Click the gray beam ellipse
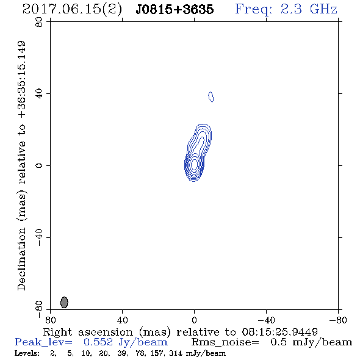(x=64, y=302)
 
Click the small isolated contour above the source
(x=211, y=96)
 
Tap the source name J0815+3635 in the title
(x=175, y=9)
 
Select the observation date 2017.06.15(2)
(x=72, y=9)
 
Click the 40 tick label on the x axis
(x=123, y=320)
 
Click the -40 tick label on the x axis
(x=266, y=320)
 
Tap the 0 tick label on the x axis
(x=194, y=320)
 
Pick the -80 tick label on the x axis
(x=338, y=320)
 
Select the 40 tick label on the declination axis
(x=39, y=94)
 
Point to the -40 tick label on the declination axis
(x=39, y=237)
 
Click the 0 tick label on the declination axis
(x=39, y=165)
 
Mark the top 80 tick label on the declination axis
(x=39, y=22)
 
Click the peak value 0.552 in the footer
(x=98, y=342)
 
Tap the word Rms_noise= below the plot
(x=225, y=342)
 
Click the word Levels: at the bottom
(x=27, y=353)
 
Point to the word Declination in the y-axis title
(x=21, y=259)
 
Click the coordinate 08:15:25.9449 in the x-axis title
(x=279, y=332)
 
